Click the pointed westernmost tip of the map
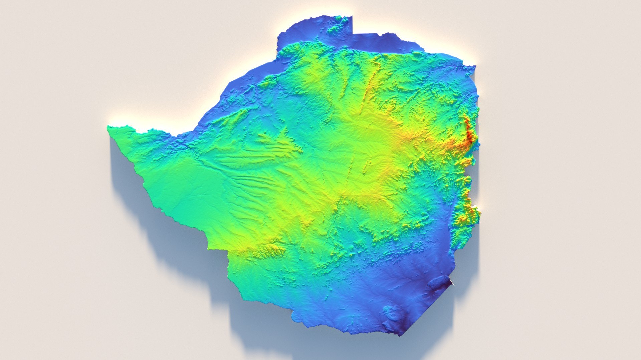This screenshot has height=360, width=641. click(x=108, y=127)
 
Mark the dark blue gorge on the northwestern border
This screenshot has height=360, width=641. click(x=187, y=142)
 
